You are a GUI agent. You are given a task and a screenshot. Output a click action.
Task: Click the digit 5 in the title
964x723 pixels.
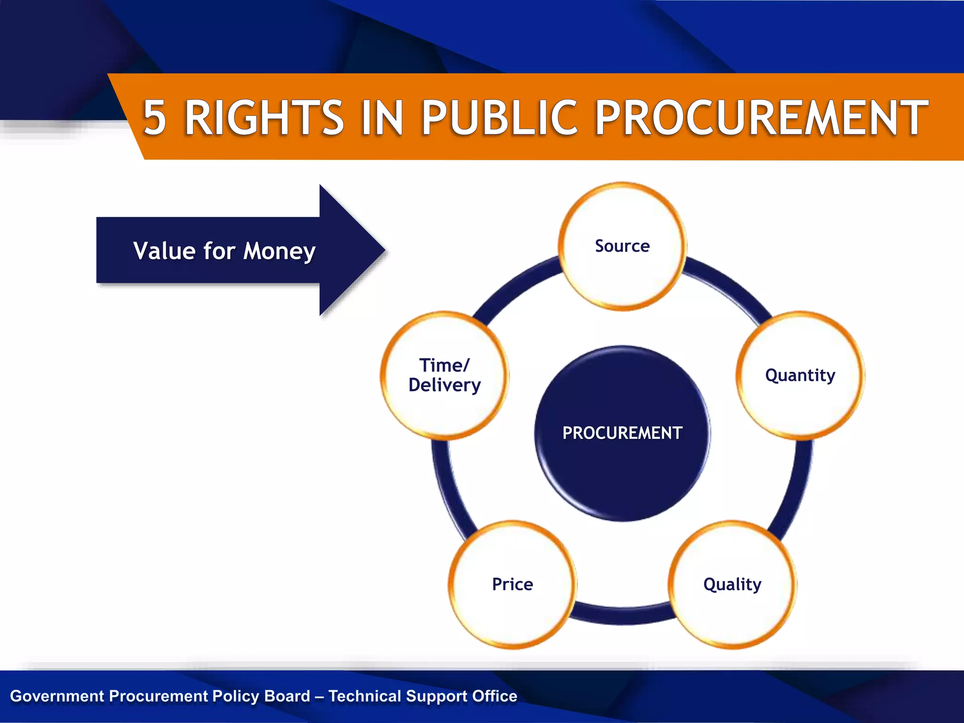[x=154, y=118]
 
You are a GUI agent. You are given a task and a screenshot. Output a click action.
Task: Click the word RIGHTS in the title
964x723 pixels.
[x=264, y=118]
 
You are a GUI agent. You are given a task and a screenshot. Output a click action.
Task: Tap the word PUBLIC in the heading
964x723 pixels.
[x=499, y=118]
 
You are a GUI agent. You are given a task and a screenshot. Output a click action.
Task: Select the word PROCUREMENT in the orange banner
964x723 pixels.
[x=761, y=118]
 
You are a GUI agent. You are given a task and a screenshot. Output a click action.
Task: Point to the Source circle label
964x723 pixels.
[x=622, y=246]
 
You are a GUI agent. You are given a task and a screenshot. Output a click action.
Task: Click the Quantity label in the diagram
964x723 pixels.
[x=800, y=375]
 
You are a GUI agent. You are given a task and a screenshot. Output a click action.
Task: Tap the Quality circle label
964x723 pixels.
[x=732, y=584]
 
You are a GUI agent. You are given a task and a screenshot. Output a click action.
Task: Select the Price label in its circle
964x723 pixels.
[x=512, y=584]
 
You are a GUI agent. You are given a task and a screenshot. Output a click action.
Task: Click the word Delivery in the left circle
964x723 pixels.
[x=444, y=386]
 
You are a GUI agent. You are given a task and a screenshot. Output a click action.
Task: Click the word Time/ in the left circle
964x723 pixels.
[x=444, y=365]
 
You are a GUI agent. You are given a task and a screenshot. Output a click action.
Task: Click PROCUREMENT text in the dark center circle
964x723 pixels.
[x=622, y=433]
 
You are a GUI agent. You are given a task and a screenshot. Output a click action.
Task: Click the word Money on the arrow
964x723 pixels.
[x=279, y=251]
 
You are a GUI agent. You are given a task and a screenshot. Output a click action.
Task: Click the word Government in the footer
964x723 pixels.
[x=57, y=696]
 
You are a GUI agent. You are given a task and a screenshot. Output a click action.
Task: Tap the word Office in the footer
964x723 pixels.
[x=494, y=696]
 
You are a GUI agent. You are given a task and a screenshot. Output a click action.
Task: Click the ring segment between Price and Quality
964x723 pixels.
[x=622, y=615]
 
